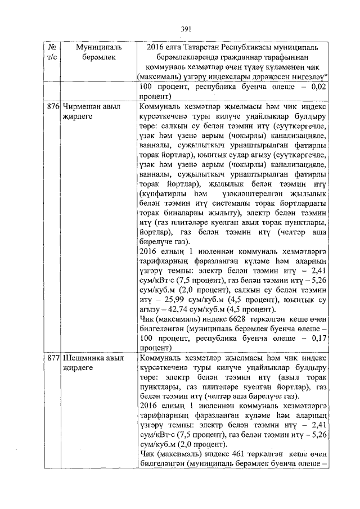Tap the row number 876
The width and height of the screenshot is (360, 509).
click(54, 106)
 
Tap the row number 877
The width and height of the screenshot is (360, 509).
click(54, 358)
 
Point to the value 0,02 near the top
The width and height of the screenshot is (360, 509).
click(318, 87)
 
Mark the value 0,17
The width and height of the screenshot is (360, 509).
click(318, 339)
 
